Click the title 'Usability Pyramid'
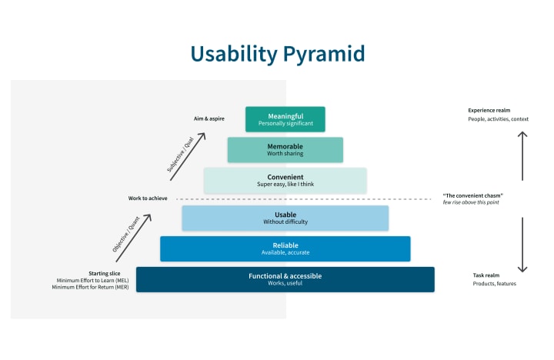277,53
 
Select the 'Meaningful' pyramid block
285,119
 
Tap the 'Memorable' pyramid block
285,150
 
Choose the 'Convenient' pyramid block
285,180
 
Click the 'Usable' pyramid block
285,218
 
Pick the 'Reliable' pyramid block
285,248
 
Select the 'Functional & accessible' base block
285,279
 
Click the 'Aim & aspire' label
209,118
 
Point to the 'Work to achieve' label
148,198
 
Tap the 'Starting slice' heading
103,273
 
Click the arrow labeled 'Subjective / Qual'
189,151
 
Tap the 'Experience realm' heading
489,110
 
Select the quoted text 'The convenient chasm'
473,195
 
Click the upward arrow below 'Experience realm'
522,155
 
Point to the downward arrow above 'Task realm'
522,245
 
